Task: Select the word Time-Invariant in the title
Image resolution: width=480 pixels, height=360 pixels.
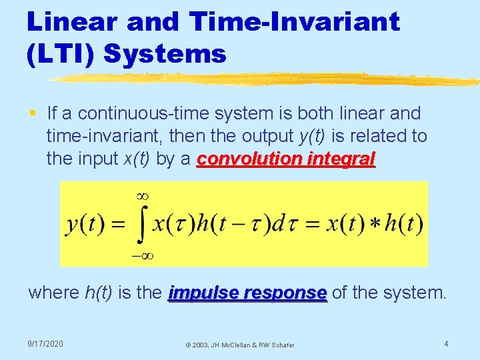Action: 295,21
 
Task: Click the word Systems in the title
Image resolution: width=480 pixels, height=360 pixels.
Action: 165,53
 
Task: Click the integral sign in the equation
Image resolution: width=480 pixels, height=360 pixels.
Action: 141,225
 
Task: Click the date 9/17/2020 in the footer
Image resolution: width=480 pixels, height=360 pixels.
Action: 45,344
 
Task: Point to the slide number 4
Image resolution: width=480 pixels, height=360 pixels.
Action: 446,344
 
